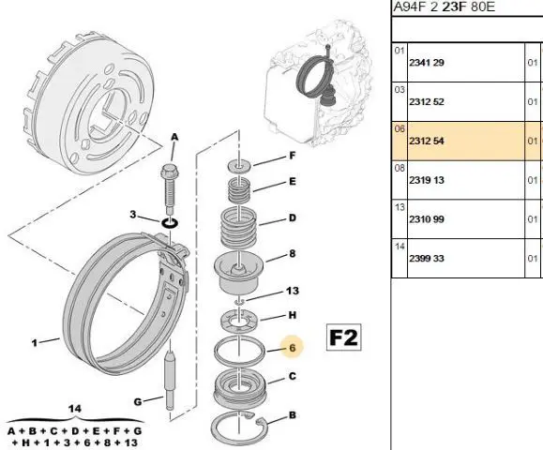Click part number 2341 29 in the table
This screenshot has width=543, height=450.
click(x=427, y=63)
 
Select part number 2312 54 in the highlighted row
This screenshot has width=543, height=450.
click(x=427, y=141)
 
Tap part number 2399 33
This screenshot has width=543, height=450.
click(x=427, y=258)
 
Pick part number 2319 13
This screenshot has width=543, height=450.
click(x=427, y=180)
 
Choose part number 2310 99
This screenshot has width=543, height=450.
click(x=427, y=219)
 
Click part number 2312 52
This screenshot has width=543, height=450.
click(x=427, y=102)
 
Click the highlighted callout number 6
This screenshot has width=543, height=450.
click(x=293, y=348)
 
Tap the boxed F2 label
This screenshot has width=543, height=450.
click(x=343, y=337)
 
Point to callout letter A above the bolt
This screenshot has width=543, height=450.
click(x=174, y=137)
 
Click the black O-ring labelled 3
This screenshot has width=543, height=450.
click(x=170, y=223)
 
